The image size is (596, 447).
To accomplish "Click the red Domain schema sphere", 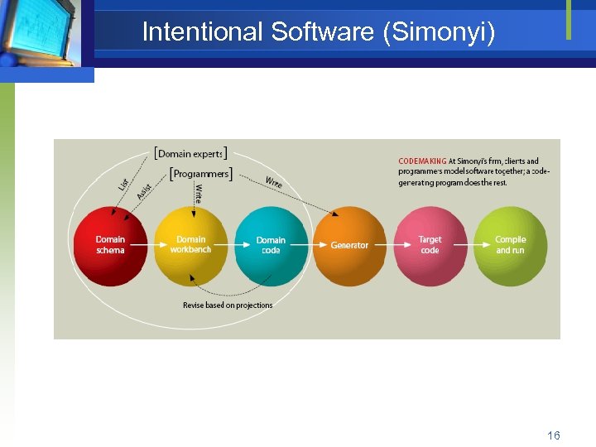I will click(x=110, y=246).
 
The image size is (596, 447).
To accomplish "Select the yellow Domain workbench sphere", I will click(x=190, y=245).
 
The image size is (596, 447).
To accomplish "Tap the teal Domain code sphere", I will click(x=271, y=246).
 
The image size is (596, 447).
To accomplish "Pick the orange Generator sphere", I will click(x=349, y=246).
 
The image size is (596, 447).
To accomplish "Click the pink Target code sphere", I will click(x=430, y=246).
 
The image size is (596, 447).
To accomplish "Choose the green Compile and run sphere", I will click(x=510, y=246).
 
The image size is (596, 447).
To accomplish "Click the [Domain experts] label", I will click(x=190, y=153).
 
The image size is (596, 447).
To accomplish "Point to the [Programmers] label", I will click(x=200, y=173).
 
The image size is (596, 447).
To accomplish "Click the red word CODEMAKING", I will click(x=422, y=161).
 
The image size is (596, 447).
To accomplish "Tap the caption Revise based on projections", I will click(x=228, y=305).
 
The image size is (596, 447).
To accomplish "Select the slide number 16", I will click(x=553, y=435).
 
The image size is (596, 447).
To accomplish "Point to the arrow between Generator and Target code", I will click(x=390, y=246).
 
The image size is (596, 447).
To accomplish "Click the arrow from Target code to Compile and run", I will click(x=469, y=246).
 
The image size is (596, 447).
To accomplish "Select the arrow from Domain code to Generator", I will click(x=310, y=246).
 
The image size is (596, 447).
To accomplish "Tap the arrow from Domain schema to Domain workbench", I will click(x=151, y=246).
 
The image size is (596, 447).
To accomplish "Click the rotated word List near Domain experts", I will click(x=123, y=186).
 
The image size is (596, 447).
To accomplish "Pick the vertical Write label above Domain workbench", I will click(x=198, y=194).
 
